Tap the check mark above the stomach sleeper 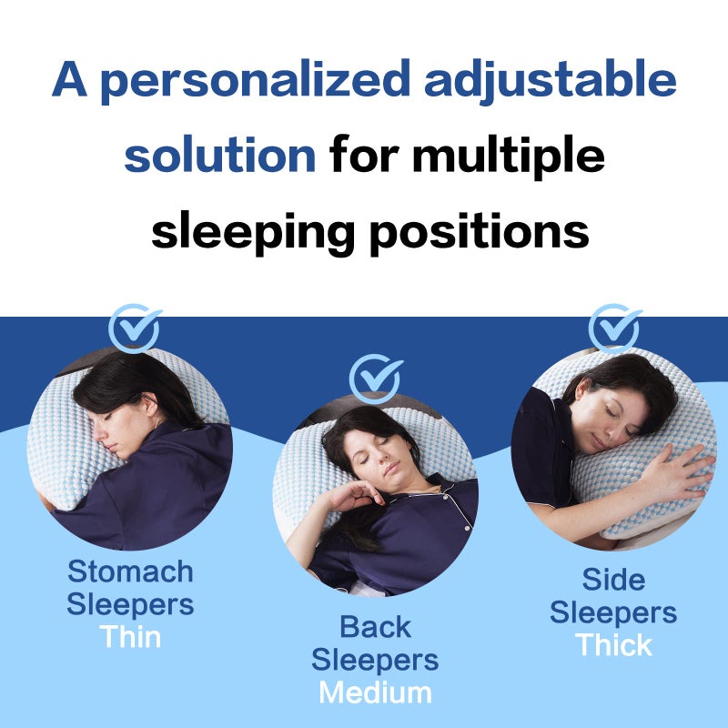(135, 329)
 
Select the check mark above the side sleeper (614, 328)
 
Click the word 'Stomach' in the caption (130, 572)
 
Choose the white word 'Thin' (130, 636)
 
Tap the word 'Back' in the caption (375, 627)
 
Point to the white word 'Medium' (375, 693)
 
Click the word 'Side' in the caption (613, 580)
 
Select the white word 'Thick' (613, 645)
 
